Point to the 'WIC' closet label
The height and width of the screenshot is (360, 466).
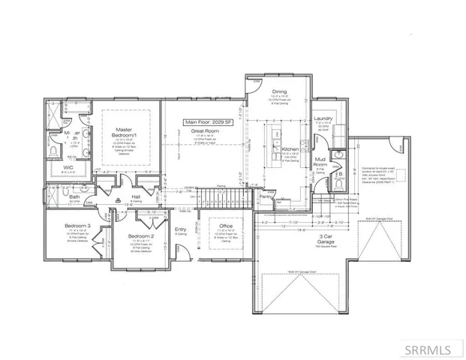68,167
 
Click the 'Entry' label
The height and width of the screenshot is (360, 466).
180,229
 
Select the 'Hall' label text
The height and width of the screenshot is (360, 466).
136,197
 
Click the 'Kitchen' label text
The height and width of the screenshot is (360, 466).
290,149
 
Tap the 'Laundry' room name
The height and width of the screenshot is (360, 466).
324,118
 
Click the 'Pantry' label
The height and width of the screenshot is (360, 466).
265,196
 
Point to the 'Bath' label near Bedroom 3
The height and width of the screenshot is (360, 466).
54,197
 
